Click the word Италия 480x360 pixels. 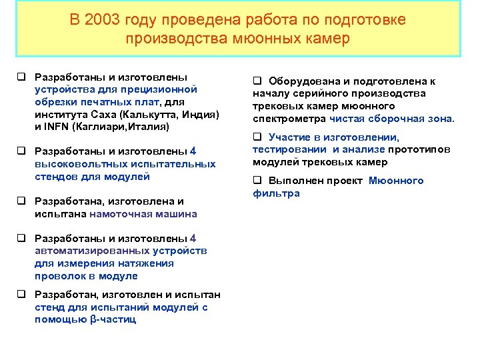pos(152,126)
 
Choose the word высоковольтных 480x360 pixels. pos(75,164)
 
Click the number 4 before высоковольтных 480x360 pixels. pos(193,151)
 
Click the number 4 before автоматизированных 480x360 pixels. pos(193,239)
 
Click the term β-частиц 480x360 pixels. pos(113,320)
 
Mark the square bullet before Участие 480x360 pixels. pos(257,137)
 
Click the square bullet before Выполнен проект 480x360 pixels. pos(257,181)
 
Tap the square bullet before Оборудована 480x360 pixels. pos(257,81)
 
